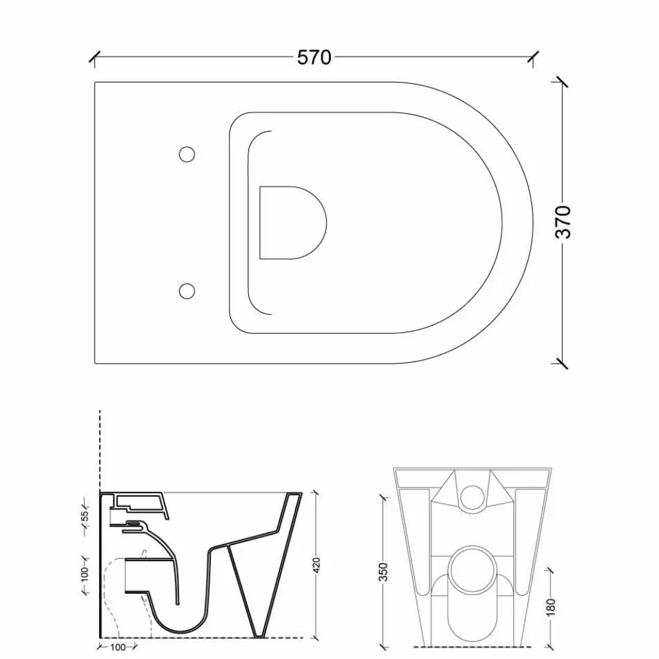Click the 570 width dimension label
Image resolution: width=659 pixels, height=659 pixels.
click(314, 57)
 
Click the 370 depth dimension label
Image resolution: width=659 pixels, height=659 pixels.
click(564, 222)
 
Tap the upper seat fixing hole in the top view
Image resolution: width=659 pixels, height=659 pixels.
click(187, 154)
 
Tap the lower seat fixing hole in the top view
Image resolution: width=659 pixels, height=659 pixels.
click(187, 291)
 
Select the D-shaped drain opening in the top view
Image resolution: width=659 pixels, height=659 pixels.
click(293, 223)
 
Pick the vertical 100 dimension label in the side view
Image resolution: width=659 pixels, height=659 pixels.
click(85, 574)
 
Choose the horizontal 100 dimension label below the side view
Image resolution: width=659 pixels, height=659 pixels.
click(118, 647)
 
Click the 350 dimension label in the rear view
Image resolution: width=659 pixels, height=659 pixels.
click(383, 572)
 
